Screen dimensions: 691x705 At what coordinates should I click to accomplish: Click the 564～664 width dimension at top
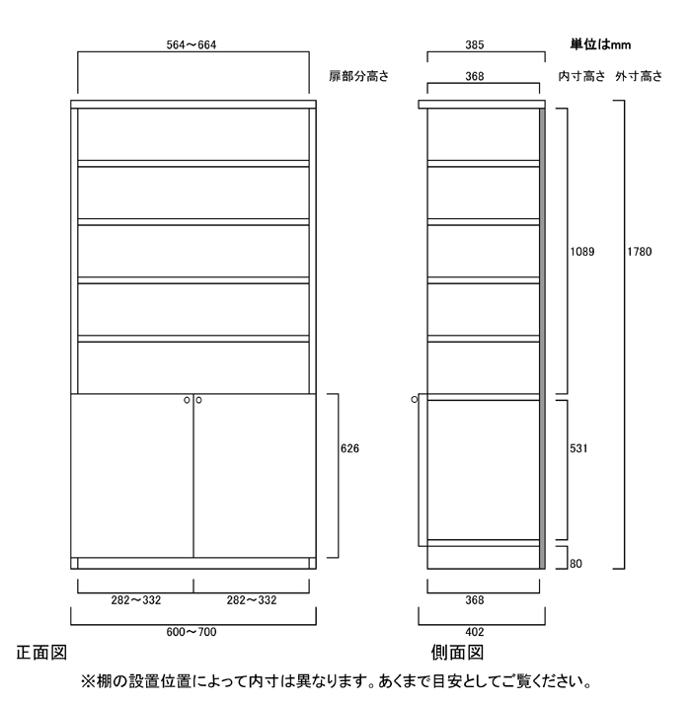pos(192,45)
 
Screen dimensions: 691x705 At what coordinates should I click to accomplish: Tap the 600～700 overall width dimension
pos(192,632)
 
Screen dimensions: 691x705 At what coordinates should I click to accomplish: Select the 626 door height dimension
pos(349,448)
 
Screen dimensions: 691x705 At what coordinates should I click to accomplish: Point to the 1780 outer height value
pos(640,252)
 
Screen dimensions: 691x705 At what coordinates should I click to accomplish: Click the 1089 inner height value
pos(582,252)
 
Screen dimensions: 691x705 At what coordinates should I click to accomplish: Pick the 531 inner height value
pos(578,448)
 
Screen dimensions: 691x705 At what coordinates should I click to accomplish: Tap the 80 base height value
pos(576,564)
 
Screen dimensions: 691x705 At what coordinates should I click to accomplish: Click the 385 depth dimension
pos(474,45)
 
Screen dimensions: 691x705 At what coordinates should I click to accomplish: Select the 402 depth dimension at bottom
pos(474,632)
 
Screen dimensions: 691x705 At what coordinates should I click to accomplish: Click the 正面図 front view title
pos(41,653)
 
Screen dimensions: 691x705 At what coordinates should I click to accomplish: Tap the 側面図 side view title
pos(457,653)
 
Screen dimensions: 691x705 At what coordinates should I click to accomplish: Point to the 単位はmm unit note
pos(600,44)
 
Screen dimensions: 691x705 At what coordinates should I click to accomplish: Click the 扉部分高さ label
pos(358,76)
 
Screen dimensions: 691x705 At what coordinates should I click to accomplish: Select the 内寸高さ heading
pos(581,76)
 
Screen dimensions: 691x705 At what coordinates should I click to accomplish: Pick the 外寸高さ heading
pos(639,76)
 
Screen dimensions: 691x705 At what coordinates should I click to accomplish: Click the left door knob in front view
pos(187,400)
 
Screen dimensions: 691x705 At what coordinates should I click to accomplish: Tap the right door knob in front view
pos(198,400)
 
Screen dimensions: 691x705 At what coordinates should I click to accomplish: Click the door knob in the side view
pos(415,399)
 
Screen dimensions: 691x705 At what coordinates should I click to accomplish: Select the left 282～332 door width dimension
pos(136,599)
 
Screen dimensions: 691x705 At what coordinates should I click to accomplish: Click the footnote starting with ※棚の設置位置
pos(337,681)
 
